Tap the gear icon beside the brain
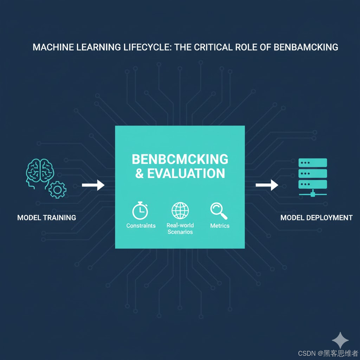coord(57,189)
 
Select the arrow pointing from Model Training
coord(93,185)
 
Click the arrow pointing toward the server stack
coord(267,185)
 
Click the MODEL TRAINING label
coord(46,218)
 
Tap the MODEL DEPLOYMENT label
coord(316,218)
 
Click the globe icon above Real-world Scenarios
coord(180,210)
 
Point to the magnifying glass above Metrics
coord(219,211)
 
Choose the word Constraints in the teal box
coord(141,226)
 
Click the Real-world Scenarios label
coord(180,229)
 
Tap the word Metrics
coord(220,226)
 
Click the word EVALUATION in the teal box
coord(186,174)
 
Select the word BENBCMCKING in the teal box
coord(180,159)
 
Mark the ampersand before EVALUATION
coord(140,174)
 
